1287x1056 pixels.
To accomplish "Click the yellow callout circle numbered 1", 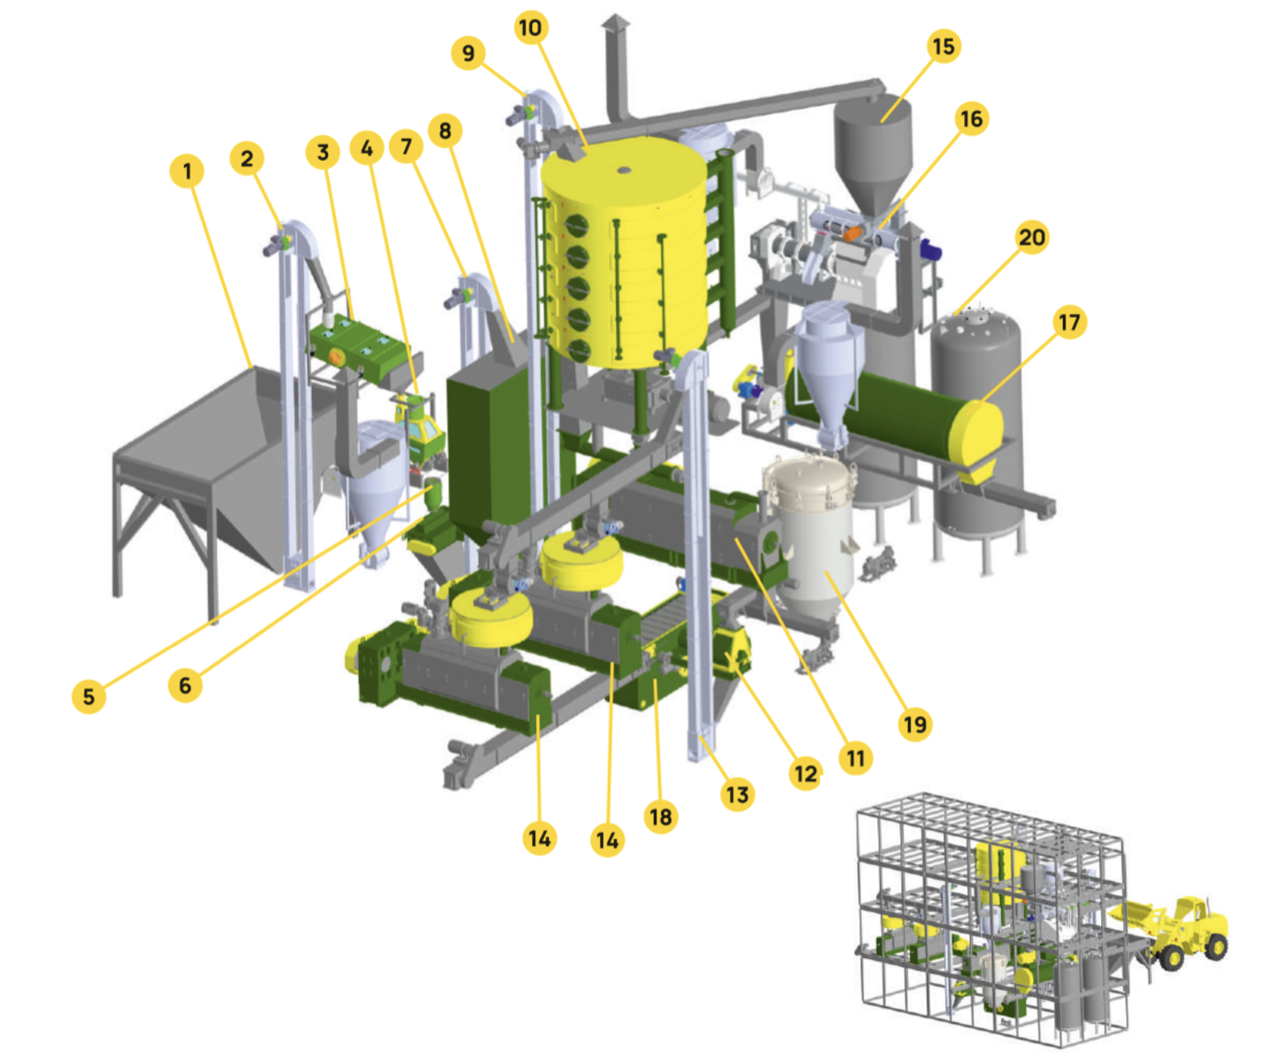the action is pos(187,171).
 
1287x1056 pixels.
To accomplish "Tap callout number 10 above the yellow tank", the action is pos(530,28).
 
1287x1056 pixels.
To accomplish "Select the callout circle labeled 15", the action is pos(943,46).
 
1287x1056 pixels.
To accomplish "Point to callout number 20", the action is pos(1031,237).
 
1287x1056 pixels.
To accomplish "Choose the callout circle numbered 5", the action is pos(89,696).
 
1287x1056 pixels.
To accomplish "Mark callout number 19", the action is pos(915,724).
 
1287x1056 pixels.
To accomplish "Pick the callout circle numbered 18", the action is pos(661,817).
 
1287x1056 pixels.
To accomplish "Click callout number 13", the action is pos(737,795).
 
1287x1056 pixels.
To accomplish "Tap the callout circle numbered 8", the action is pos(445,131).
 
